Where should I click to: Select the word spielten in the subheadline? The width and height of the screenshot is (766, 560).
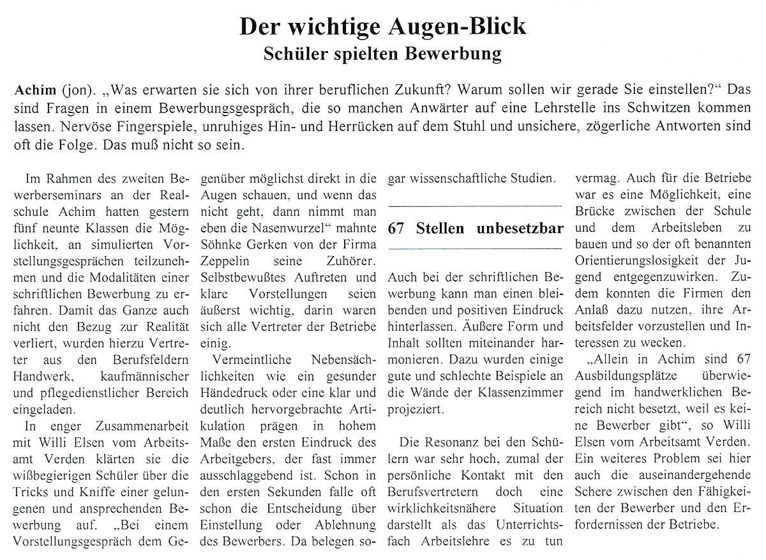tap(363, 54)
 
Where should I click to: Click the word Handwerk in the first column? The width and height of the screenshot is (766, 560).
tap(40, 375)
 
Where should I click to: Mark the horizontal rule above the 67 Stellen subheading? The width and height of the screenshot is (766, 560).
tap(475, 206)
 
